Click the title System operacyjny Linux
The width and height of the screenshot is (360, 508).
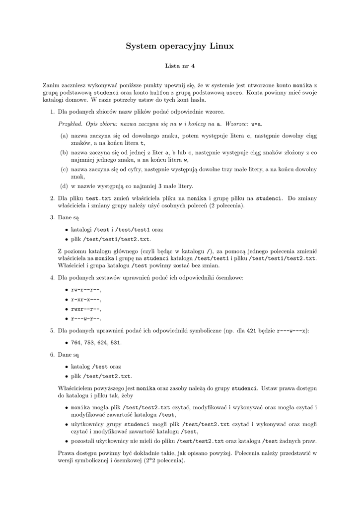tap(180, 46)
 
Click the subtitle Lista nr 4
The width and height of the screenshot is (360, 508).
tap(180, 65)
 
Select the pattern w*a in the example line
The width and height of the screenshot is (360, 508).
tap(257, 124)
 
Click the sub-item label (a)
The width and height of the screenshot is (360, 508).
tap(64, 135)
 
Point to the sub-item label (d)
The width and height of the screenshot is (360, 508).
tap(64, 187)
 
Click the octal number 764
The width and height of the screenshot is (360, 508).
tap(76, 343)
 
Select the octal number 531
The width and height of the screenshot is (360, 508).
tap(115, 343)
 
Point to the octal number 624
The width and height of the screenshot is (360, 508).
tap(102, 343)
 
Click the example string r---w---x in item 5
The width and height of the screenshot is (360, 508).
tap(292, 330)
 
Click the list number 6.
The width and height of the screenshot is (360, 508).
tap(52, 355)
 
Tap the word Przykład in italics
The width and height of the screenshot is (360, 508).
tap(71, 124)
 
